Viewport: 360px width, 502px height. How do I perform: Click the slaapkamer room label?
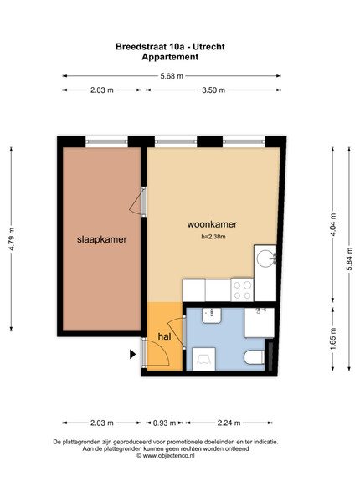tap(102, 239)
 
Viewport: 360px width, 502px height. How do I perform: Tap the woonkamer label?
tap(212, 224)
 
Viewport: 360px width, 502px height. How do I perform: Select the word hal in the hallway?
tap(164, 336)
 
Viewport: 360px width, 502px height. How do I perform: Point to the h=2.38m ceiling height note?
tap(213, 237)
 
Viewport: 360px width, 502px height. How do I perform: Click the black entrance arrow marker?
tap(132, 354)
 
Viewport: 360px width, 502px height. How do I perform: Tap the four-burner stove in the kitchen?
tap(242, 289)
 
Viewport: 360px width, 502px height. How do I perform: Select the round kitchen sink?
tap(265, 258)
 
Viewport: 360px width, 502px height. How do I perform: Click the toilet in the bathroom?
tap(255, 357)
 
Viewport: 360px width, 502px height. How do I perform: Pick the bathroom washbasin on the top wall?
tap(212, 315)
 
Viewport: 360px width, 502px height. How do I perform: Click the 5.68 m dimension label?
tap(172, 76)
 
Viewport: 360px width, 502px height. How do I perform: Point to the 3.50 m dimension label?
tap(213, 90)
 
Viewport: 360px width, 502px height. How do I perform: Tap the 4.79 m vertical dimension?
tap(11, 238)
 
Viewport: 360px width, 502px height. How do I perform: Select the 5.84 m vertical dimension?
tap(349, 259)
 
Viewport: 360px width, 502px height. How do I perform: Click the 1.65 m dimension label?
tap(333, 338)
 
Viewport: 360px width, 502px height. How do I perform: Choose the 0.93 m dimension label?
tap(164, 423)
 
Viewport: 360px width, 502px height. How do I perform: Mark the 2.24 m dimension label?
tap(229, 423)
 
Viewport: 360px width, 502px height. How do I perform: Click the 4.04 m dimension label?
tap(333, 224)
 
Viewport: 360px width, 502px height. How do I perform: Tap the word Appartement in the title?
tap(170, 57)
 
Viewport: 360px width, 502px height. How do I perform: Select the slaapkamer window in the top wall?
tap(106, 141)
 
